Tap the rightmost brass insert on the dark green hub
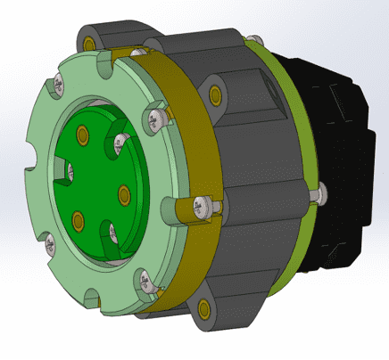pos(123,191)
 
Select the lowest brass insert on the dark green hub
pos(78,218)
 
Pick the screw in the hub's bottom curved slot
pos(111,233)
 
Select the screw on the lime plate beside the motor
pos(320,191)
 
